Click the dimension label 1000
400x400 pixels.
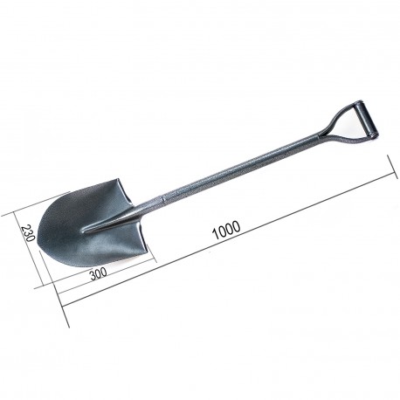[227, 230]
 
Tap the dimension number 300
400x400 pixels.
[99, 273]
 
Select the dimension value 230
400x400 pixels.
[29, 232]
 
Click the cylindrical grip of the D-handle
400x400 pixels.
[369, 121]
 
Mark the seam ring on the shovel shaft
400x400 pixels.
[163, 199]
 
